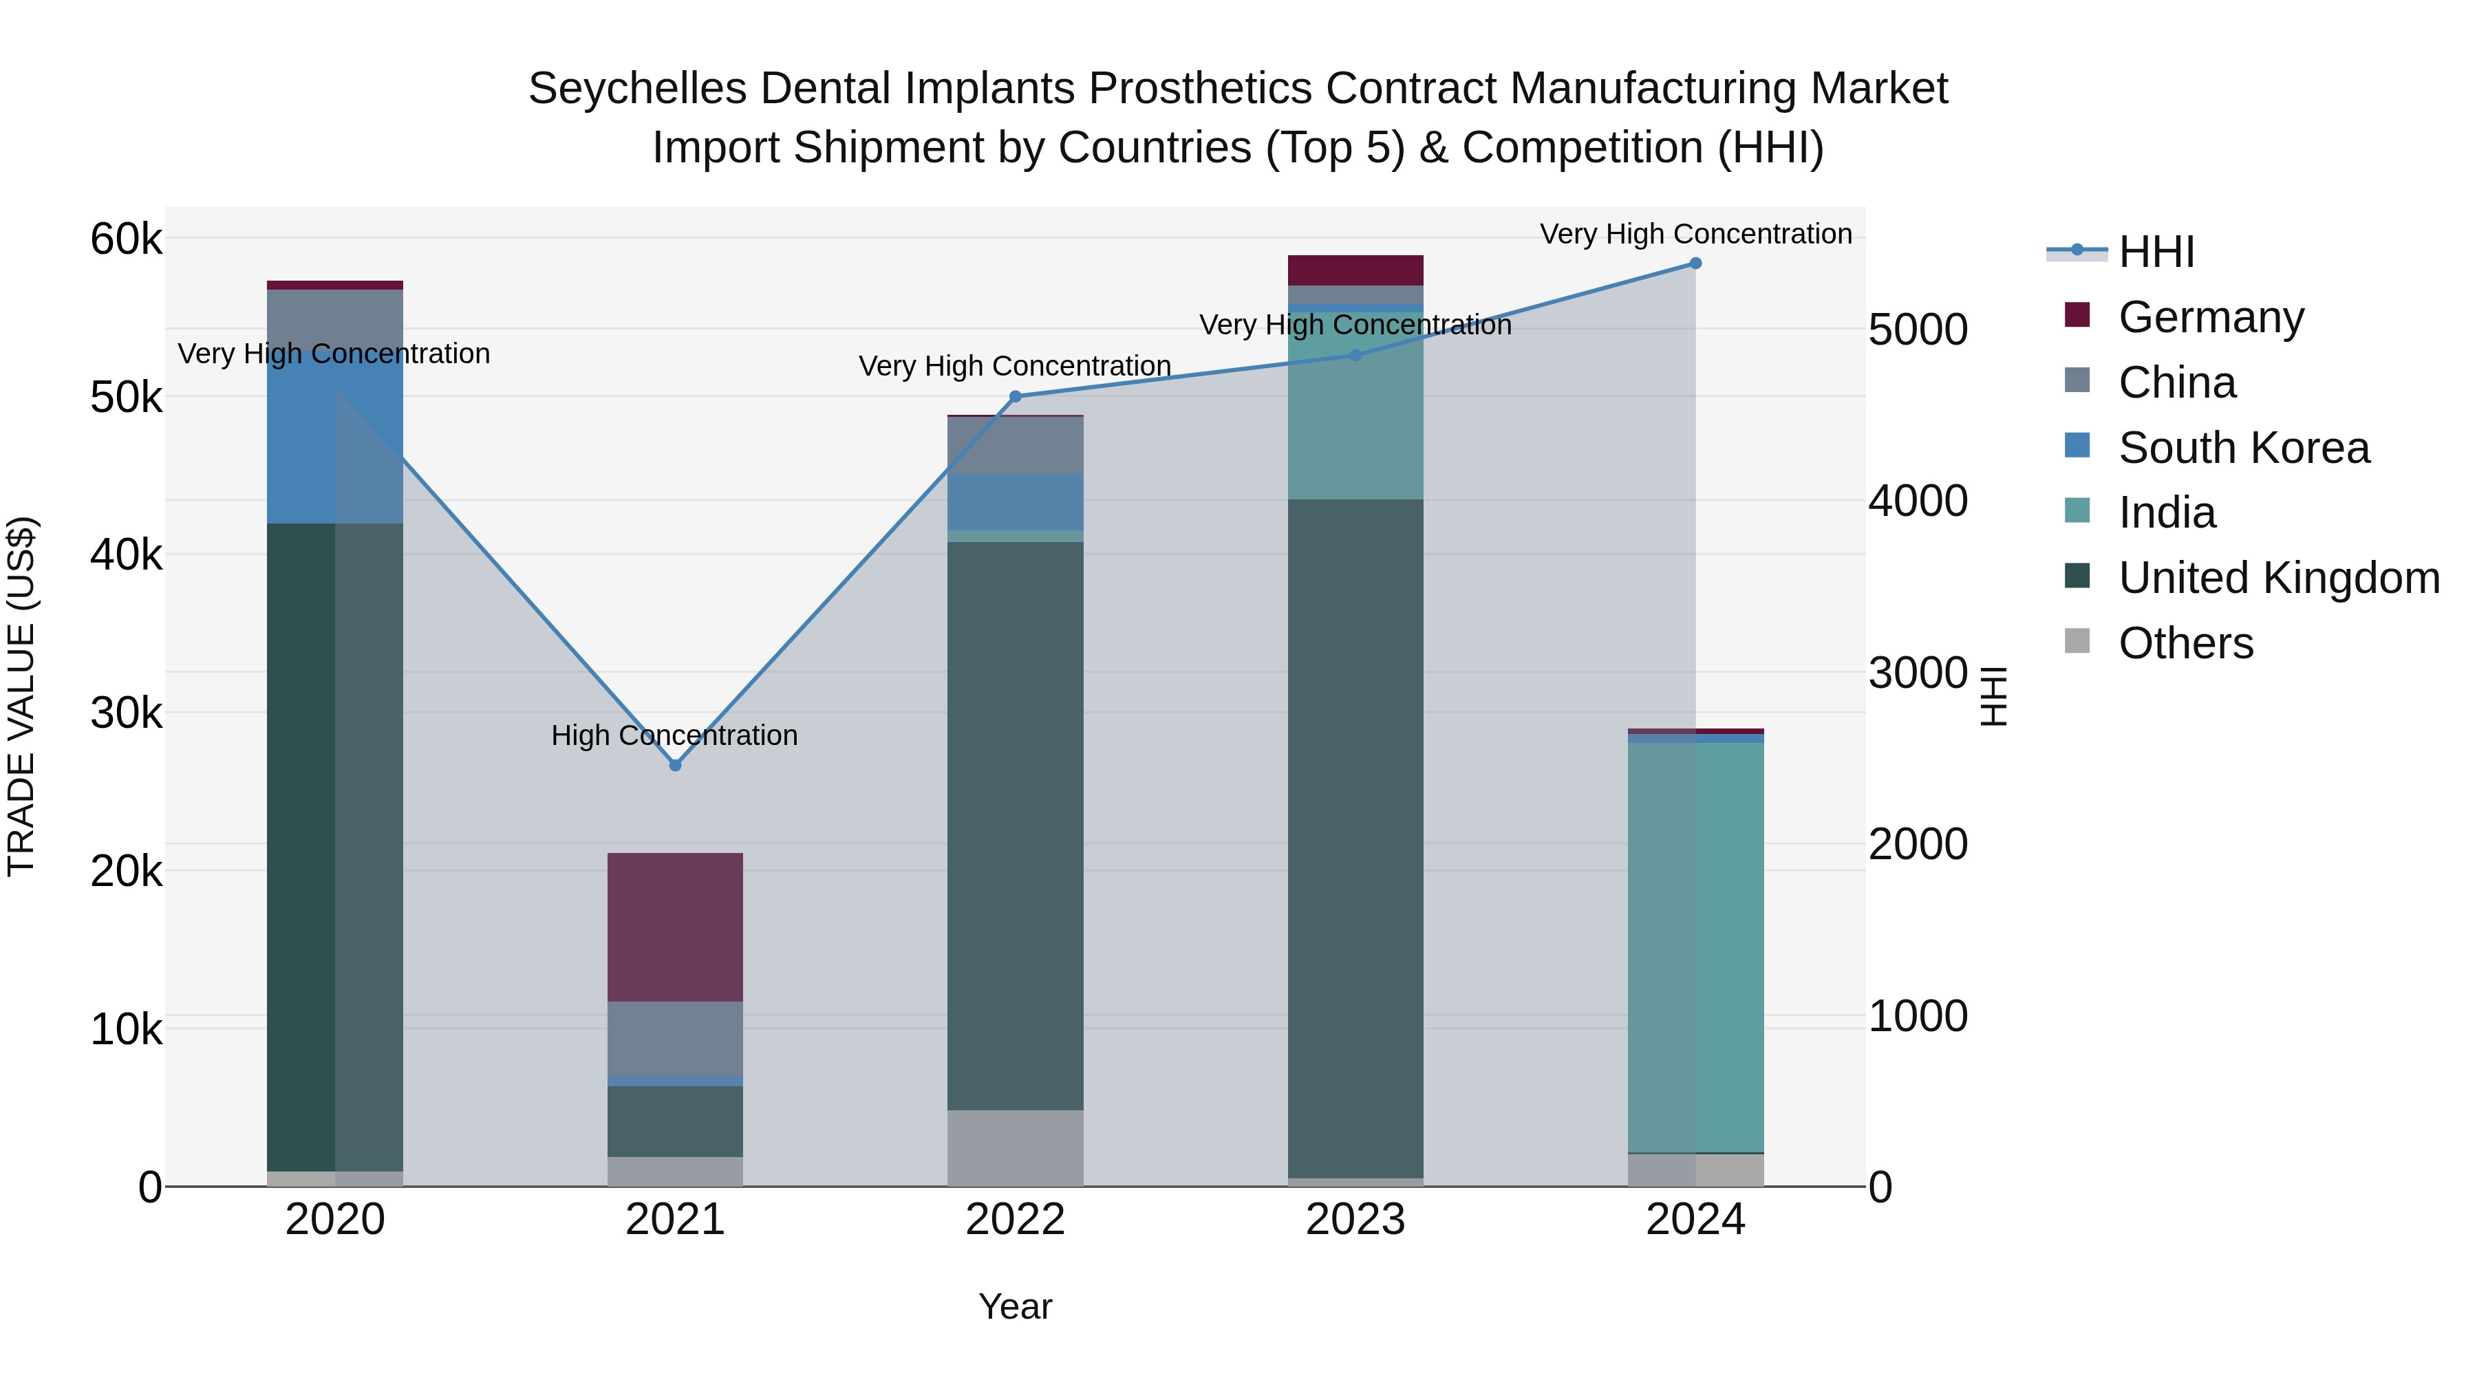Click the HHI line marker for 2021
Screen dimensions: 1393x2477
(x=675, y=765)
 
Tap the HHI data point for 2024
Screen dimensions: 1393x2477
(x=1695, y=263)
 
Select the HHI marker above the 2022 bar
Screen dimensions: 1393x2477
(x=1016, y=396)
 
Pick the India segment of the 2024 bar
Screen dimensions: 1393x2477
(x=1695, y=947)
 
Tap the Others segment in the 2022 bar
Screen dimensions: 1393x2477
(x=1016, y=1148)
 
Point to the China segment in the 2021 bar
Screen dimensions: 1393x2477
(x=675, y=1038)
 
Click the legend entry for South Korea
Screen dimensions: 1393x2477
(x=2243, y=448)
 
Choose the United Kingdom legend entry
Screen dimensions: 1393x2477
(x=2278, y=579)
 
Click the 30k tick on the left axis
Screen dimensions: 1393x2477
(x=126, y=713)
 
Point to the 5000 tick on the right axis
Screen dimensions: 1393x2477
(x=1918, y=330)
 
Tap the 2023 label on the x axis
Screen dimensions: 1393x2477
(x=1355, y=1220)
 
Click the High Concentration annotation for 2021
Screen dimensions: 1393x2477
(x=674, y=735)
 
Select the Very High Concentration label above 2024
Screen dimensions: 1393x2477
(x=1695, y=234)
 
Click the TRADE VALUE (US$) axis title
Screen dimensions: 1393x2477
(x=21, y=696)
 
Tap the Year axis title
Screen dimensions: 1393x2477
(x=1016, y=1306)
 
